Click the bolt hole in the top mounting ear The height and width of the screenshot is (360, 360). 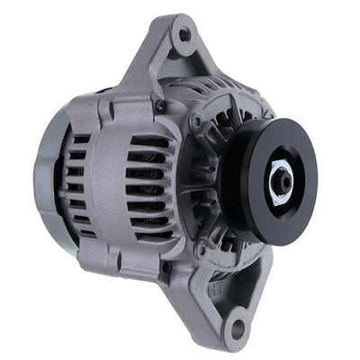point(184,35)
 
